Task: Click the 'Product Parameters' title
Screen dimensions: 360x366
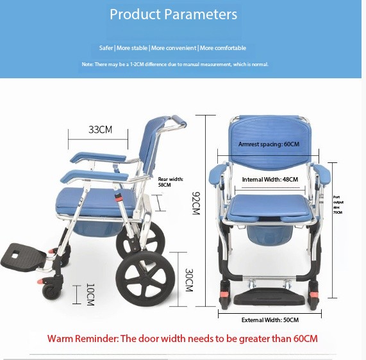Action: pos(173,14)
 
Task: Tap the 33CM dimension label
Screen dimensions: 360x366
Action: pos(100,130)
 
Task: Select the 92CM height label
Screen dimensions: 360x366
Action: pos(196,203)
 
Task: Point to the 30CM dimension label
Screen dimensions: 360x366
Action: pos(188,280)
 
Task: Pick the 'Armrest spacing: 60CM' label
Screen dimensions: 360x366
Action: pos(269,144)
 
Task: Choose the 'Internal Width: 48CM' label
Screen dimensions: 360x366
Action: pos(270,180)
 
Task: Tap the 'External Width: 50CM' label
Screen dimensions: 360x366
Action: pos(270,320)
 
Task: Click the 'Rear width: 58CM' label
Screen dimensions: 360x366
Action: pos(171,182)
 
